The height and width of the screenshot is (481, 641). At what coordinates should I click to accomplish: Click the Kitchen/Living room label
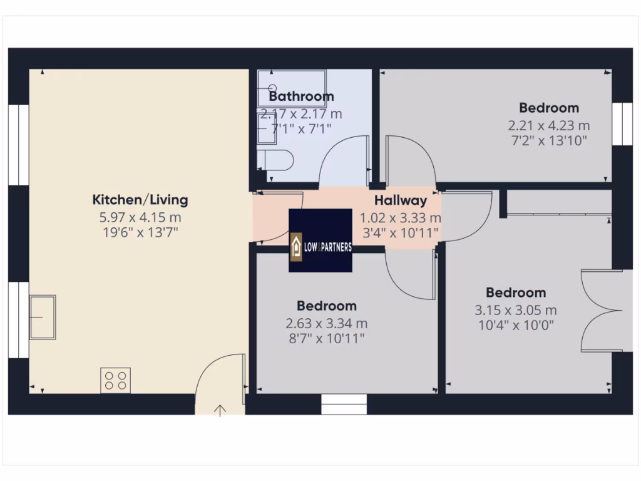[x=140, y=200]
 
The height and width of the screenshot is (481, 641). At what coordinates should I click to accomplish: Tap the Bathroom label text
[x=301, y=96]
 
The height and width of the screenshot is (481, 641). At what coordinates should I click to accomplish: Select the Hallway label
[x=401, y=201]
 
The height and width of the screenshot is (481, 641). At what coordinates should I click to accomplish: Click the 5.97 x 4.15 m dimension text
[x=140, y=218]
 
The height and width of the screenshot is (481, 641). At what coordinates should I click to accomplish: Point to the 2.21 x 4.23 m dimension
[x=549, y=126]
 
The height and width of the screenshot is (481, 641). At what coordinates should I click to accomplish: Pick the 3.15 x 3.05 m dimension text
[x=516, y=310]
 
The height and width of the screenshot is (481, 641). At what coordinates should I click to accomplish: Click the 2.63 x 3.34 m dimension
[x=326, y=324]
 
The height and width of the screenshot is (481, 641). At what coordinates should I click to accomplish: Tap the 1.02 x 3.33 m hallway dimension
[x=400, y=219]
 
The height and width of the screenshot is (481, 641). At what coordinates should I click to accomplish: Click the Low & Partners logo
[x=320, y=240]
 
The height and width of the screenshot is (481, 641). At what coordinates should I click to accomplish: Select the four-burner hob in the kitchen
[x=116, y=380]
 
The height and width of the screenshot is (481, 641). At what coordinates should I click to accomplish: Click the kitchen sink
[x=43, y=317]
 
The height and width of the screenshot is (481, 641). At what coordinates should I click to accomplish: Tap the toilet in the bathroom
[x=277, y=160]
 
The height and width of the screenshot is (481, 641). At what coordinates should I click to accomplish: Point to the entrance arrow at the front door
[x=220, y=410]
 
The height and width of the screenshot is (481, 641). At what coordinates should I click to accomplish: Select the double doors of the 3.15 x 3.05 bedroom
[x=601, y=309]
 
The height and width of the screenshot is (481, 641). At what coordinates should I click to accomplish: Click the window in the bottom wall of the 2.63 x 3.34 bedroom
[x=343, y=404]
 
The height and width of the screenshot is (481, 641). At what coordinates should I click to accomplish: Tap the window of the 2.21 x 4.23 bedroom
[x=622, y=124]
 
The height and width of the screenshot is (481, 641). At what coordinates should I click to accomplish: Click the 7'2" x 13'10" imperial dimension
[x=549, y=141]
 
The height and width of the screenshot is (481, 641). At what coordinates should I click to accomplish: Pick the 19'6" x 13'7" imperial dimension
[x=140, y=234]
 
